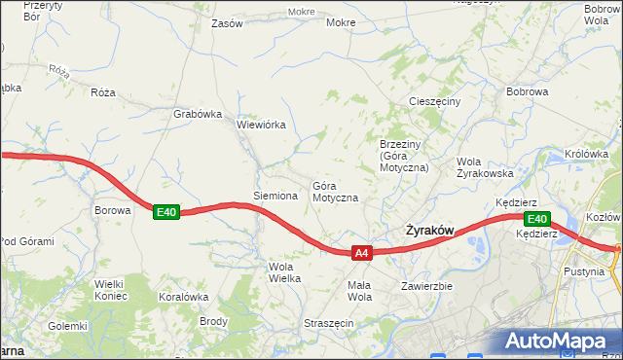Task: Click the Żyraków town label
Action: (428, 231)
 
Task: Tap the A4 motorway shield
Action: (361, 253)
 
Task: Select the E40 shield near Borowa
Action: (166, 212)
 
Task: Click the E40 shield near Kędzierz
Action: (537, 219)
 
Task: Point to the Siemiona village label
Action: (275, 196)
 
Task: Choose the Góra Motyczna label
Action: (335, 192)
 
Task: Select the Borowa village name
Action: (112, 209)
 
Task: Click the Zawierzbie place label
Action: (427, 286)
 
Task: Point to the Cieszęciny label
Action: (441, 100)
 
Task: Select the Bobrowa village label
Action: (528, 92)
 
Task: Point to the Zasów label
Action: (227, 23)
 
